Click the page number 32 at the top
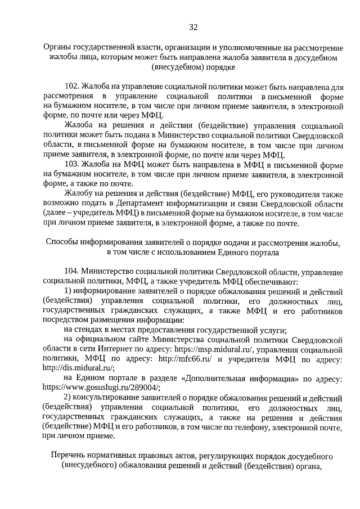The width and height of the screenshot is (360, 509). point(192,27)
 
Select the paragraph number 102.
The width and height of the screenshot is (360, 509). point(72,87)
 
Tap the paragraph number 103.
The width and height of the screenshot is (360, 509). point(72,164)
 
